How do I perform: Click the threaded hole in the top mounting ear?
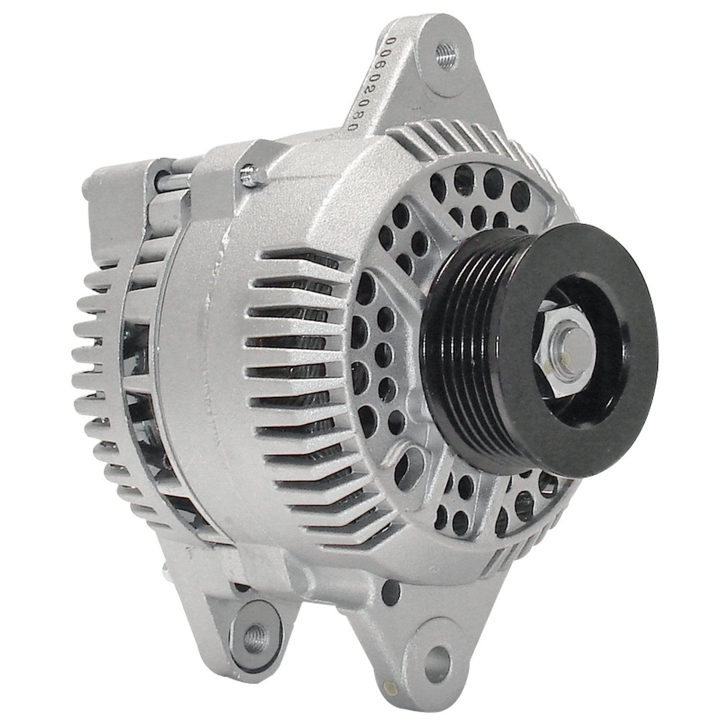tap(445, 50)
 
